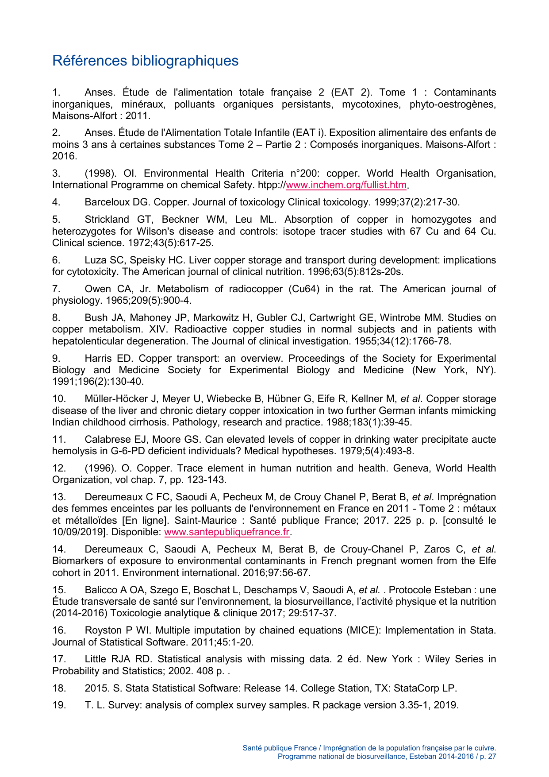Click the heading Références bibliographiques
(145, 61)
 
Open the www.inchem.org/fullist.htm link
(346, 185)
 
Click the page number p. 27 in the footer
(488, 757)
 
